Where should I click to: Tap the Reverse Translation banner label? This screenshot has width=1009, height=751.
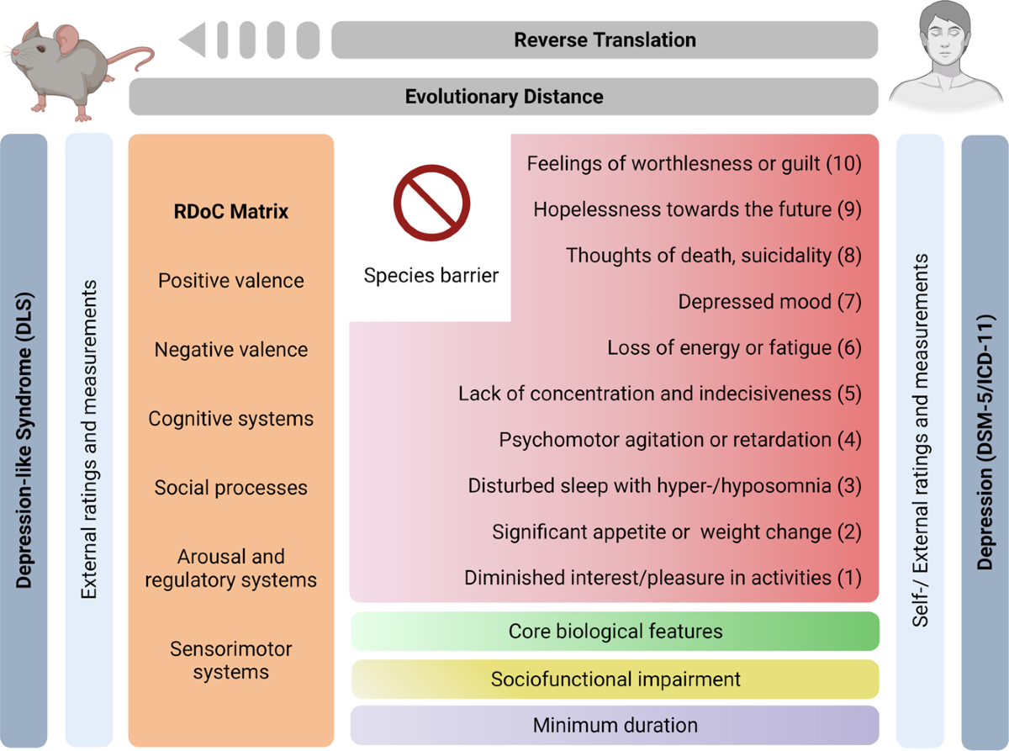[x=605, y=40]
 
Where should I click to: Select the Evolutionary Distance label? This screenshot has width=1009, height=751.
[x=504, y=96]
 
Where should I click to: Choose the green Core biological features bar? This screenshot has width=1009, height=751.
[x=615, y=631]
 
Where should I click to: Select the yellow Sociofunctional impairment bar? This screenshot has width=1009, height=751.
[x=615, y=679]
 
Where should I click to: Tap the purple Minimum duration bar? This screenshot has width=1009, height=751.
[x=615, y=724]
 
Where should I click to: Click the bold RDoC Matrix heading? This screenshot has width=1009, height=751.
[x=231, y=211]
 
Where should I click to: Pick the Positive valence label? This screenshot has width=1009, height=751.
[x=231, y=280]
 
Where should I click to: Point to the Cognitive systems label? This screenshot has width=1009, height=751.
[x=231, y=419]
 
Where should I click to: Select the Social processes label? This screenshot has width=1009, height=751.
[x=231, y=488]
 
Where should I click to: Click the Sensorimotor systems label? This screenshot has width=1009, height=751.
[x=231, y=660]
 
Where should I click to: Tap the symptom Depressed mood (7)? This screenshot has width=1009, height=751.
[x=769, y=302]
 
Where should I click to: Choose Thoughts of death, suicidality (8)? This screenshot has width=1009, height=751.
[x=713, y=256]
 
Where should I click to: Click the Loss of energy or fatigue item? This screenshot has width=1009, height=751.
[x=734, y=348]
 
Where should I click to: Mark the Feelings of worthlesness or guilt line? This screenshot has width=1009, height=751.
[x=694, y=164]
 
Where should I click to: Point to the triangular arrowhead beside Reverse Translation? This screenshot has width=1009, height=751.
[x=193, y=40]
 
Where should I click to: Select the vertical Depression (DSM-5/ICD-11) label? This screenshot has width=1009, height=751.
[x=985, y=442]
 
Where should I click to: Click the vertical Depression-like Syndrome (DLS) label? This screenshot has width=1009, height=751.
[x=24, y=442]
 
